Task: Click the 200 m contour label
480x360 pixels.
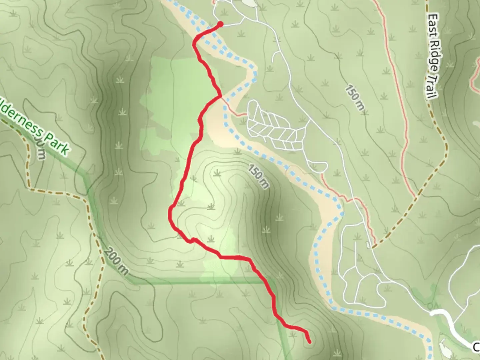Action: pos(115,261)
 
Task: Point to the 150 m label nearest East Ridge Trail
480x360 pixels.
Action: pos(354,99)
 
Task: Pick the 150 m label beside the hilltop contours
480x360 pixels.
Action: pos(258,177)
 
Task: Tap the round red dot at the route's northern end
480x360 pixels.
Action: pos(220,24)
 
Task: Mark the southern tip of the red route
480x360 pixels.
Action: pos(310,342)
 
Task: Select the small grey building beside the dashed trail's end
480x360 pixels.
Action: pos(368,245)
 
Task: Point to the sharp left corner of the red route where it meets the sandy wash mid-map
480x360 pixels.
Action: pos(220,96)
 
